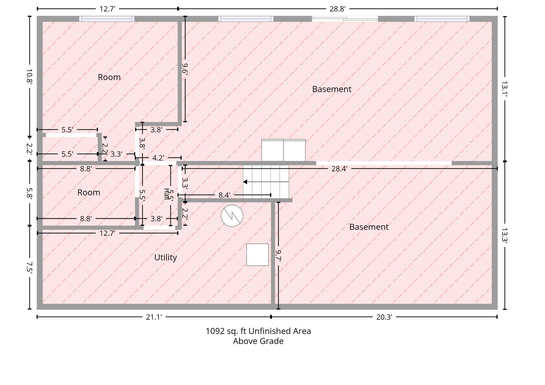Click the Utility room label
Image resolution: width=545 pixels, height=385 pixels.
[x=165, y=257]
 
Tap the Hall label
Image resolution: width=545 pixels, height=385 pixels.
[x=166, y=194]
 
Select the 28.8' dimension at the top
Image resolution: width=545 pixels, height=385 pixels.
[x=337, y=9]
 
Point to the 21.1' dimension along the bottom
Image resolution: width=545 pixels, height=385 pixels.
[x=154, y=317]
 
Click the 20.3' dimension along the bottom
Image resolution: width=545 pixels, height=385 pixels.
[x=384, y=317]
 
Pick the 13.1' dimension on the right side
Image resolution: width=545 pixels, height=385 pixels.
[x=505, y=89]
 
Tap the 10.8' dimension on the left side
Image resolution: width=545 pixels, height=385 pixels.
[x=30, y=77]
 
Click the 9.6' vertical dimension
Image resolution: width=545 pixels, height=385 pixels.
[x=185, y=68]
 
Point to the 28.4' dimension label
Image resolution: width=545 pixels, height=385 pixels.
[x=339, y=169]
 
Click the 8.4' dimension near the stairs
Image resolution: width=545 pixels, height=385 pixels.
[x=224, y=195]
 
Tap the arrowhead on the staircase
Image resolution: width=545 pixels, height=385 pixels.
[x=245, y=182]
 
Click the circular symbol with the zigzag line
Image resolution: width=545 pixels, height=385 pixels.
[x=232, y=216]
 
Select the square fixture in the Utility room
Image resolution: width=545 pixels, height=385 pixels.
[x=257, y=255]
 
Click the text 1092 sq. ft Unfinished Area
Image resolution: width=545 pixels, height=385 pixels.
[x=258, y=331]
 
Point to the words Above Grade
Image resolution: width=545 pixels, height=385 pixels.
[x=258, y=341]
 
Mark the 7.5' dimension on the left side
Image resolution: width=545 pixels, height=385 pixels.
[x=30, y=267]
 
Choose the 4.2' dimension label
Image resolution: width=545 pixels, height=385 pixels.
[x=158, y=158]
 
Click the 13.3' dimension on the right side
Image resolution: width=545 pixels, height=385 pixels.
[x=505, y=235]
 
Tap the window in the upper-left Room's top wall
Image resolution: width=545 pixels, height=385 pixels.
[x=107, y=19]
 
